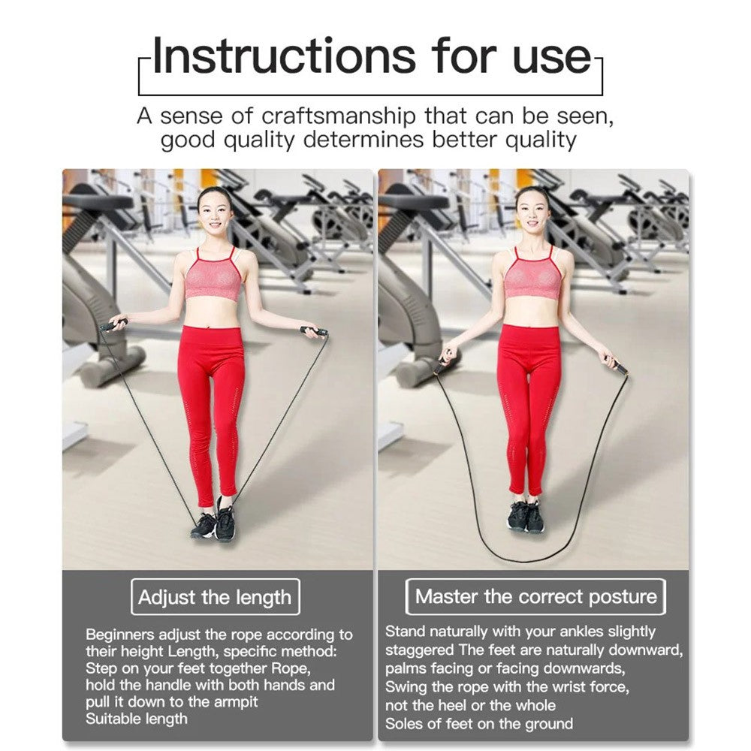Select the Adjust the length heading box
pos(215,597)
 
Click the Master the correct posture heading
pos(535,596)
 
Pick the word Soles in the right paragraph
pos(403,723)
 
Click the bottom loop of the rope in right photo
pos(522,560)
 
